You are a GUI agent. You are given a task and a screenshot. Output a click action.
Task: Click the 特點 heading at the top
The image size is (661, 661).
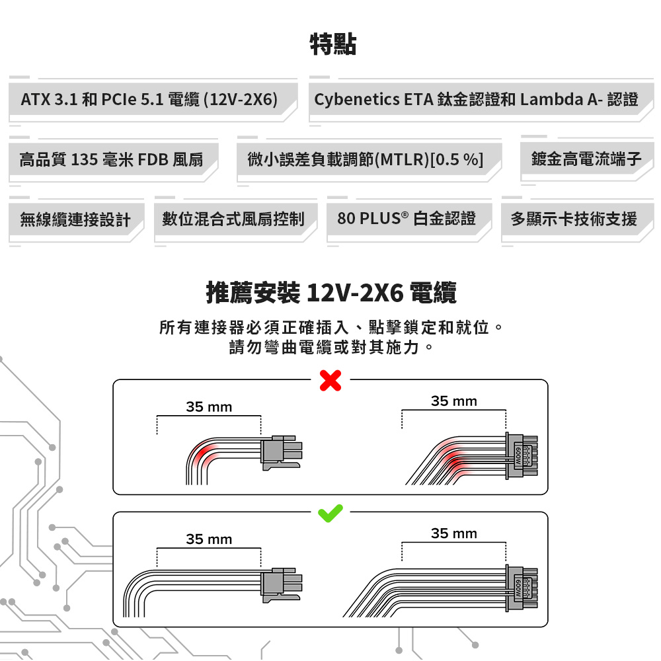pyautogui.click(x=333, y=45)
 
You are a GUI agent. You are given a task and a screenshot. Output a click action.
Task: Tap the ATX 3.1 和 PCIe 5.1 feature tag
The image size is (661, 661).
pyautogui.click(x=149, y=100)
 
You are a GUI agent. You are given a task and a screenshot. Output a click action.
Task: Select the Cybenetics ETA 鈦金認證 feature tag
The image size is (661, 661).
pyautogui.click(x=476, y=100)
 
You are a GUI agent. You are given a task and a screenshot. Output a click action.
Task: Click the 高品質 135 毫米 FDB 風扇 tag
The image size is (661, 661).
pyautogui.click(x=111, y=159)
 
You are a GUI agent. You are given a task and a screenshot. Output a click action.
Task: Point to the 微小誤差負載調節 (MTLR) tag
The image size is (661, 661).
pyautogui.click(x=365, y=159)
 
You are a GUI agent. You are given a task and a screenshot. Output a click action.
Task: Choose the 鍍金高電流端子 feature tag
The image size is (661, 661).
pyautogui.click(x=586, y=159)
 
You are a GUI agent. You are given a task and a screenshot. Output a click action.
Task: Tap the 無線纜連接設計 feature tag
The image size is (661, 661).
pyautogui.click(x=75, y=219)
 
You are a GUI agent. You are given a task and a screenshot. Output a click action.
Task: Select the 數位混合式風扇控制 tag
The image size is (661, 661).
pyautogui.click(x=233, y=219)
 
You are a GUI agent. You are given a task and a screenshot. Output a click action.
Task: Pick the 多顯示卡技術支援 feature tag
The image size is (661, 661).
pyautogui.click(x=574, y=219)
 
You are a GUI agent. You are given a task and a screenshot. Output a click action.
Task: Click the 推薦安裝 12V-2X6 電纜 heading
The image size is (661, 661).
pyautogui.click(x=331, y=293)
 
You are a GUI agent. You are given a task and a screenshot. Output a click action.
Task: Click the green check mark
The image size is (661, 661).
pyautogui.click(x=330, y=512)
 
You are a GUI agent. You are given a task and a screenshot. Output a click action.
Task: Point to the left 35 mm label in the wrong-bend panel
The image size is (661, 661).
pyautogui.click(x=209, y=407)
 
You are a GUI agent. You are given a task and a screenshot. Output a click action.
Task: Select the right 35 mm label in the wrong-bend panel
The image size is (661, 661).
pyautogui.click(x=453, y=401)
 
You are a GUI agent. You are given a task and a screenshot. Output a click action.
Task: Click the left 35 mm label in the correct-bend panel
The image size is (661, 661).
pyautogui.click(x=209, y=539)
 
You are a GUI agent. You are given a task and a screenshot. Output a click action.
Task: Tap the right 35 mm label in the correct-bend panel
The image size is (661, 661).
pyautogui.click(x=453, y=533)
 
